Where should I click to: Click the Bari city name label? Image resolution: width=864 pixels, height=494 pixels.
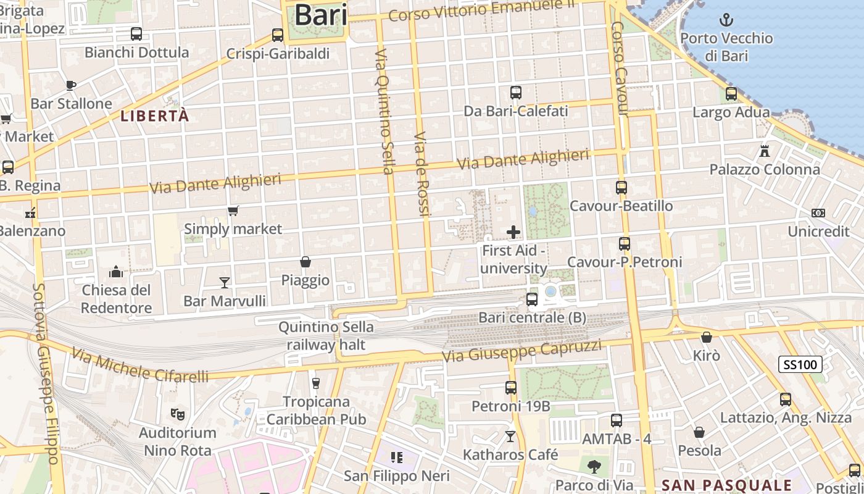point(320,15)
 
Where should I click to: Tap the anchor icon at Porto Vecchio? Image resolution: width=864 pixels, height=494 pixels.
point(726,20)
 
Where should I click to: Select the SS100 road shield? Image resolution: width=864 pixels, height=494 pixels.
point(800,364)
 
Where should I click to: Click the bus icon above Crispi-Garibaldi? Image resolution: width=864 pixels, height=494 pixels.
point(278,35)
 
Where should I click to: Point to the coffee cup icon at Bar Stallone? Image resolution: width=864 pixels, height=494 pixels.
point(71,85)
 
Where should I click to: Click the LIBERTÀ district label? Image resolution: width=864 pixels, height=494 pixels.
point(154,116)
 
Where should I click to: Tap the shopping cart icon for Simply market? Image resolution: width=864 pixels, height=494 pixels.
point(233,211)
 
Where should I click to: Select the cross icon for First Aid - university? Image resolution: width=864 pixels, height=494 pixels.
point(513,232)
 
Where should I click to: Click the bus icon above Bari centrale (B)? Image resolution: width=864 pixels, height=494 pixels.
point(531,299)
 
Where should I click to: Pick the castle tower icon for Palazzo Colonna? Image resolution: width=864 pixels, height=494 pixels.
point(764,151)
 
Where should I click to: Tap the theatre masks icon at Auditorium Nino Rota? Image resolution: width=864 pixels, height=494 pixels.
point(177,414)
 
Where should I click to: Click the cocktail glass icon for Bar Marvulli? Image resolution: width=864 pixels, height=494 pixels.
point(225,282)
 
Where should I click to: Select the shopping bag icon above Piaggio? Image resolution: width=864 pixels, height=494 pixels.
point(305,262)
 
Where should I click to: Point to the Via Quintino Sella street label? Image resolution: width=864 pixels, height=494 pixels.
point(384,111)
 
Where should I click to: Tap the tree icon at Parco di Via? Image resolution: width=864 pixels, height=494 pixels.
point(594,466)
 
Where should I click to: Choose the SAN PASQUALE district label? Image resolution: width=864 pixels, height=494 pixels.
point(726,485)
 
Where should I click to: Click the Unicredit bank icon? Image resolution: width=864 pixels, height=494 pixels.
point(818,213)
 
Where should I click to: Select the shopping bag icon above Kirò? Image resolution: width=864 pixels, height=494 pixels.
point(707,337)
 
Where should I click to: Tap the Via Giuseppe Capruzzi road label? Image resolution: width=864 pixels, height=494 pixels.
point(522,350)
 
